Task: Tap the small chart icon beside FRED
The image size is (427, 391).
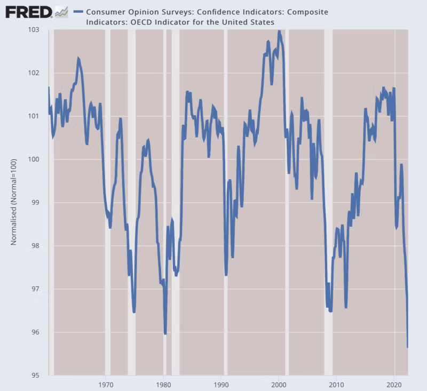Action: pyautogui.click(x=61, y=11)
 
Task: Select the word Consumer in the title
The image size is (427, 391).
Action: pyautogui.click(x=105, y=12)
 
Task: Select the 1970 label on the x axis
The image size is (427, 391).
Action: pyautogui.click(x=106, y=384)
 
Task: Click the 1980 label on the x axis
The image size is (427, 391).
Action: pyautogui.click(x=163, y=384)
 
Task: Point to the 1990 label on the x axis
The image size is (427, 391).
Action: pyautogui.click(x=221, y=384)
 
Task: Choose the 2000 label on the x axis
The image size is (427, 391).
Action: pyautogui.click(x=279, y=384)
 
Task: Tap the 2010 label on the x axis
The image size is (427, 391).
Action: pyautogui.click(x=336, y=384)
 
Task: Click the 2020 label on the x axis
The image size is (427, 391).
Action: pyautogui.click(x=394, y=384)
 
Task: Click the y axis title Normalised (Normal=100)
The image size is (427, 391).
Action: pyautogui.click(x=14, y=203)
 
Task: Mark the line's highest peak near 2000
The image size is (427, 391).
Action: pyautogui.click(x=279, y=31)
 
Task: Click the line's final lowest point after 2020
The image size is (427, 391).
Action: pyautogui.click(x=408, y=347)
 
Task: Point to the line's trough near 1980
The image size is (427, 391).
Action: pyautogui.click(x=165, y=333)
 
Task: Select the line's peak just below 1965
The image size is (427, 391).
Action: pyautogui.click(x=78, y=58)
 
